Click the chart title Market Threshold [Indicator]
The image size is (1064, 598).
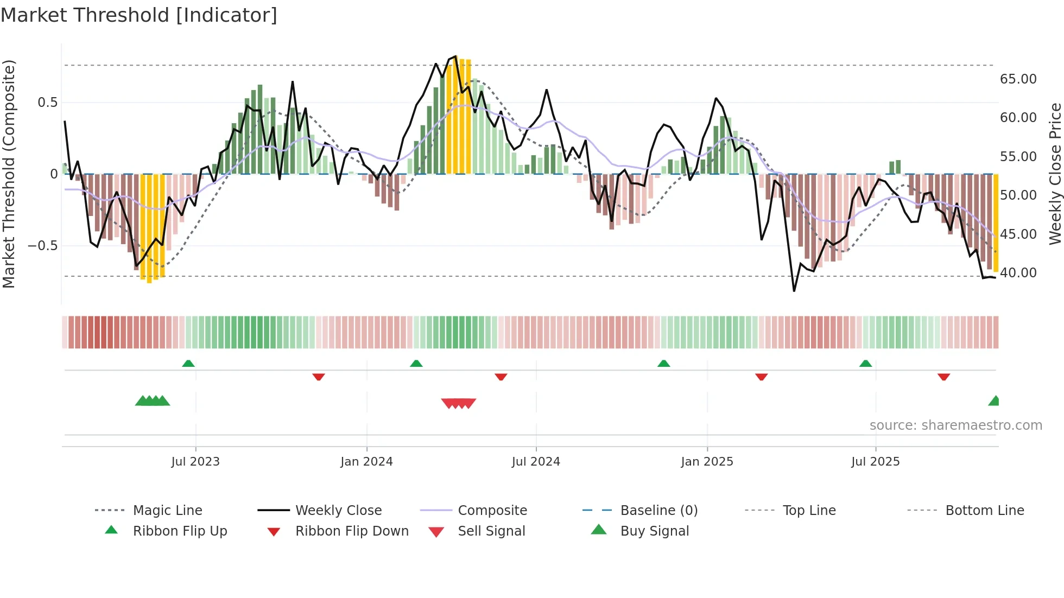[139, 15]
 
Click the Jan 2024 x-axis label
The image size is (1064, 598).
[366, 462]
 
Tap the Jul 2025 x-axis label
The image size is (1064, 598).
[875, 462]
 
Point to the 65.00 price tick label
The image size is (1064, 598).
[1018, 79]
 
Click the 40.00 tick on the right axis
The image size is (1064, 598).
[1018, 273]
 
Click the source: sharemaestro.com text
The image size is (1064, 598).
[955, 425]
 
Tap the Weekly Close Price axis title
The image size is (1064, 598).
[1055, 174]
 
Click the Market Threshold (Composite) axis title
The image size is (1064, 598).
[9, 174]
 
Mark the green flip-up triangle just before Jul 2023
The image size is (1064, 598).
[188, 364]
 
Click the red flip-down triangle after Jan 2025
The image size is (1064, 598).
[761, 377]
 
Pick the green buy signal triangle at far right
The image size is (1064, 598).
[994, 402]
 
